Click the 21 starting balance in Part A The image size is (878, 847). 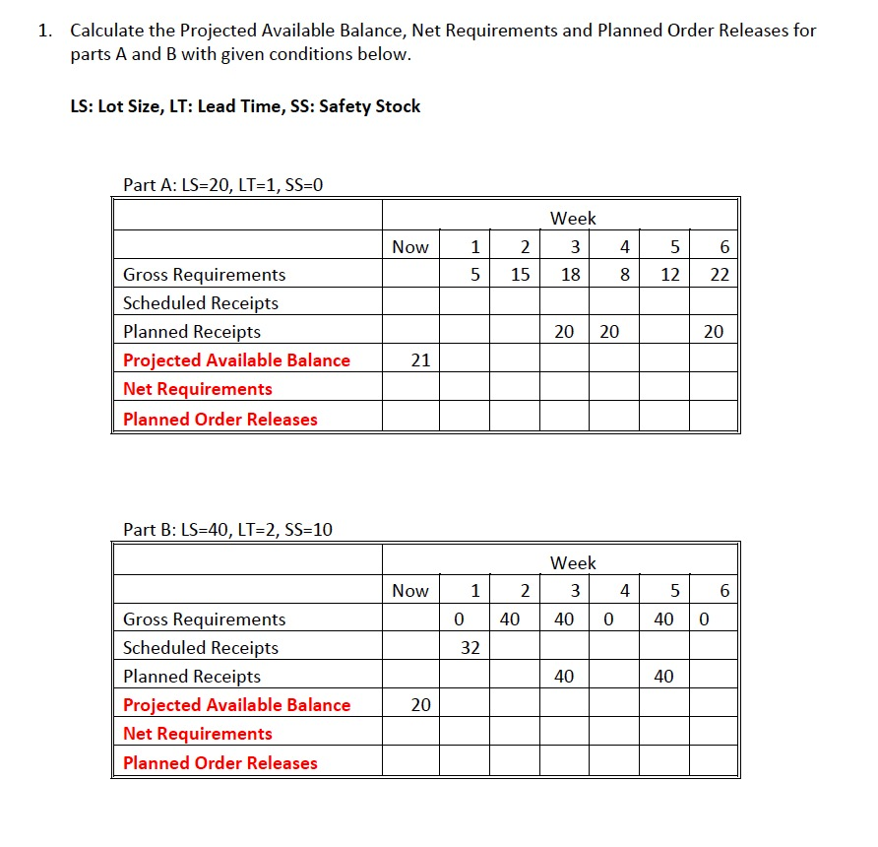point(420,360)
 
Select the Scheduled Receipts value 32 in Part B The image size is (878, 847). point(470,648)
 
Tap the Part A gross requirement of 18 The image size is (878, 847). point(570,275)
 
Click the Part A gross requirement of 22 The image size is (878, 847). point(720,275)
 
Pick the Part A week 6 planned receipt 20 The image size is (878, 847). point(714,332)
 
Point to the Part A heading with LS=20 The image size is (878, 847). point(222,184)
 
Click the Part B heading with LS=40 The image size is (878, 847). point(227,530)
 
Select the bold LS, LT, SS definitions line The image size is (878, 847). point(245,106)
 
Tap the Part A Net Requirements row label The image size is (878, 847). point(198,389)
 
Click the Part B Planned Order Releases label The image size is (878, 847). point(220,762)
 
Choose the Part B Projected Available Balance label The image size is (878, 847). point(236,705)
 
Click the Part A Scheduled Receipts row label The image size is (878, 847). point(201,303)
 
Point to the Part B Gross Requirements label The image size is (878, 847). point(205,619)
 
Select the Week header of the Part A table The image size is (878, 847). point(573,218)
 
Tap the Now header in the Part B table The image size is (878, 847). point(410,591)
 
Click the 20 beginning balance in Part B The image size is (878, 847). point(420,705)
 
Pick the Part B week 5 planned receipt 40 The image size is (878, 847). point(663,677)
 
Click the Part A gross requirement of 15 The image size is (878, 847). point(522,275)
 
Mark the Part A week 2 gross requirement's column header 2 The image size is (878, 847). point(525,247)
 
